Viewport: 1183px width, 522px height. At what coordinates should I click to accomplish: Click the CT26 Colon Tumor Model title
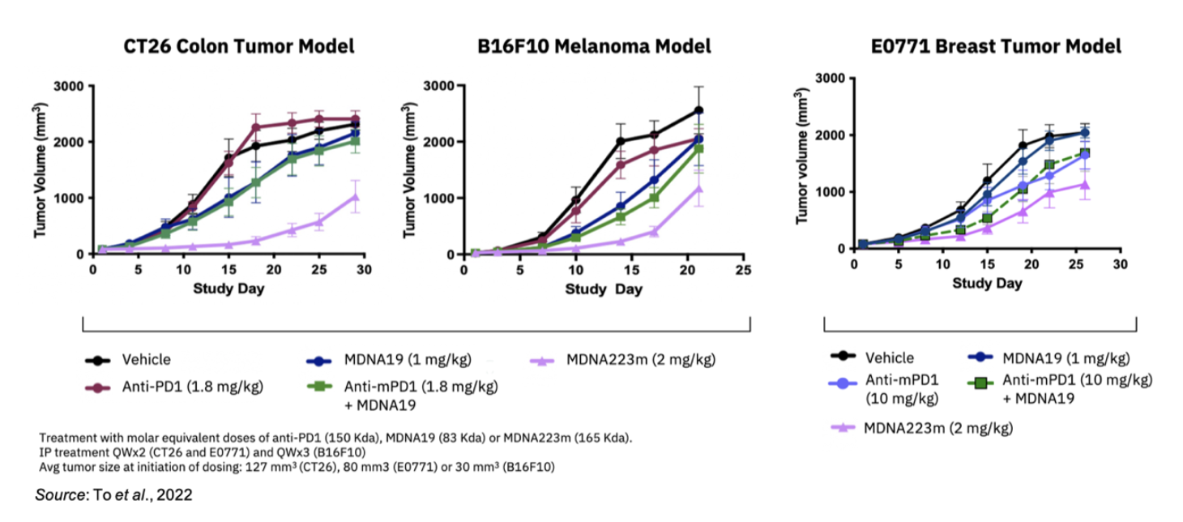click(238, 46)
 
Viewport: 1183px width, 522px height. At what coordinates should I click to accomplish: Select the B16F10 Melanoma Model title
click(594, 46)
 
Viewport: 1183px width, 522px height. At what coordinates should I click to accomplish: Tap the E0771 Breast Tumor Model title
click(996, 46)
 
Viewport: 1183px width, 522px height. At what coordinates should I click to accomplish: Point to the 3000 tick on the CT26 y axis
click(71, 86)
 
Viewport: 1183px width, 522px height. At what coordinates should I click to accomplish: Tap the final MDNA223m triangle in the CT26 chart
click(354, 197)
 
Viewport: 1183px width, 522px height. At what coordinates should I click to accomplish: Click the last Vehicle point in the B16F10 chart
click(698, 110)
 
